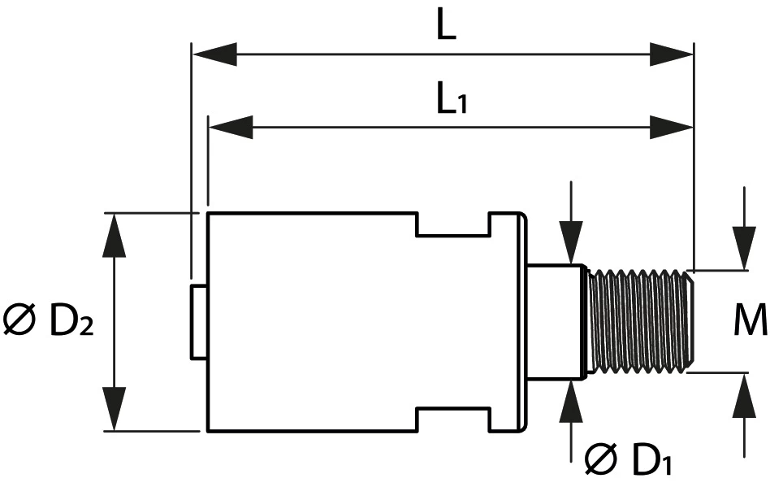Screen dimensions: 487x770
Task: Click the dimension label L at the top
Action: point(446,27)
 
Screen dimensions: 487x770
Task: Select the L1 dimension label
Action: point(452,99)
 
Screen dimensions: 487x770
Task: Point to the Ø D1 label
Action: point(629,460)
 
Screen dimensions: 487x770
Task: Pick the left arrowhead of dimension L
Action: point(213,55)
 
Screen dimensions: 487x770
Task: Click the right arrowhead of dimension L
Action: point(673,55)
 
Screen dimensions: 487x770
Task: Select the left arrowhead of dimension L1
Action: point(231,127)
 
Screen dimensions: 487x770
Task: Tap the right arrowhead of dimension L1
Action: point(673,127)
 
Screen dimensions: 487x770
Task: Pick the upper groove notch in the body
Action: point(452,224)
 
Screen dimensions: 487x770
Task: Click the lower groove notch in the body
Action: point(452,419)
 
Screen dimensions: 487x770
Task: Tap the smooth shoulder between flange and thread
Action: point(555,320)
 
